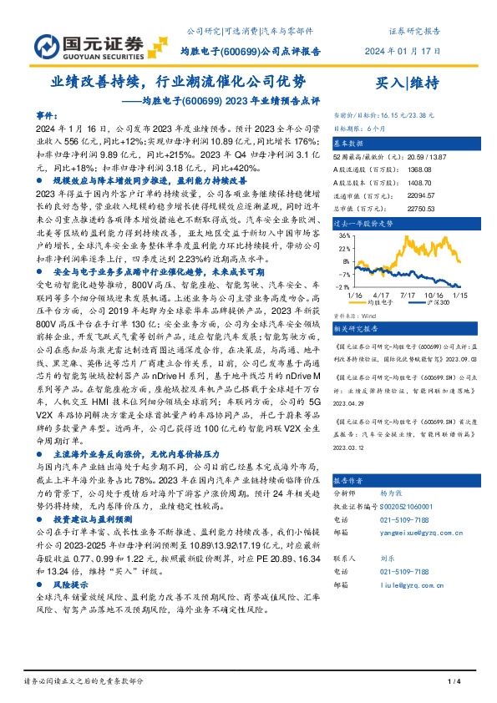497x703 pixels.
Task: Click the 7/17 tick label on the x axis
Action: click(x=408, y=295)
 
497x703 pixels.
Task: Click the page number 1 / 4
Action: click(x=454, y=681)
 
